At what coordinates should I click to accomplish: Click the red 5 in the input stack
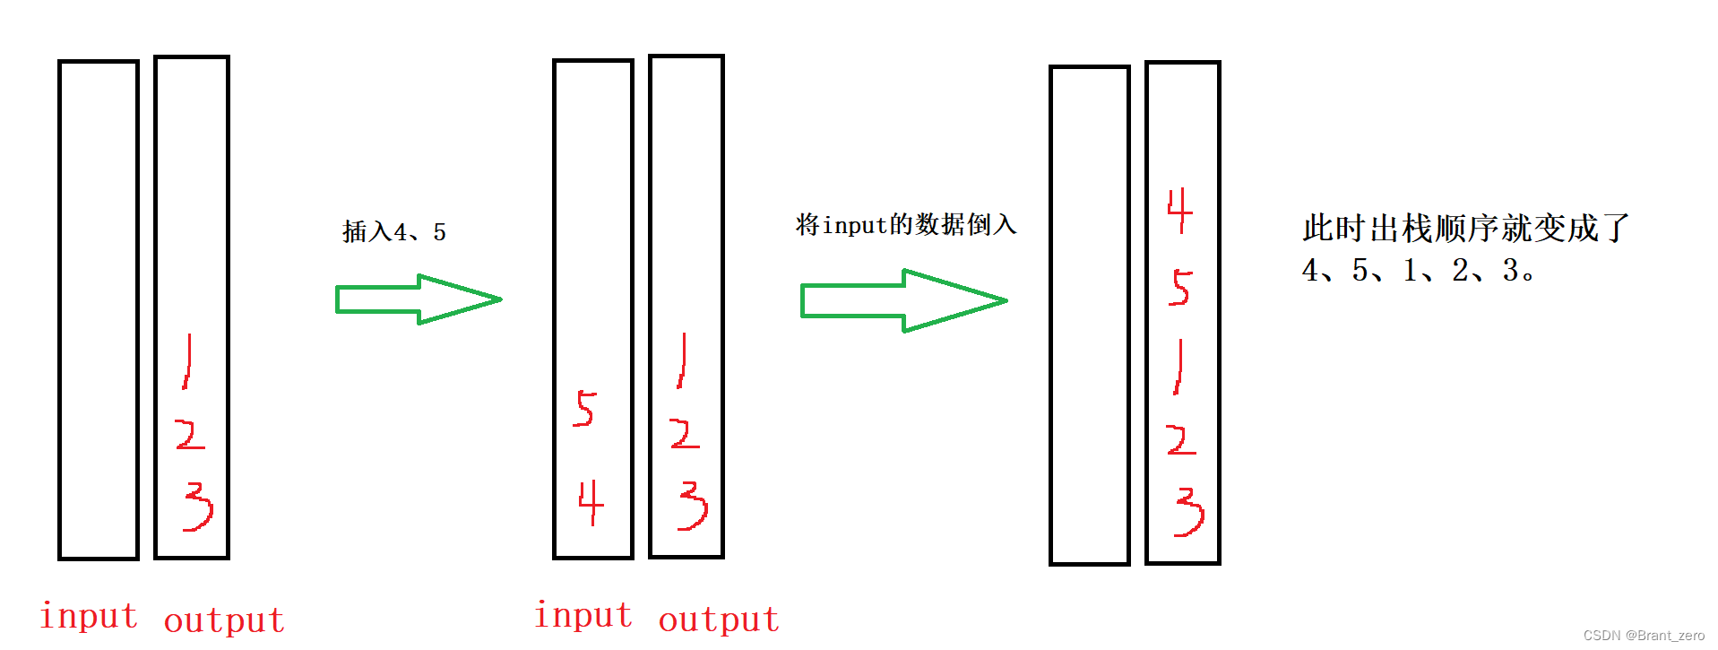tap(584, 409)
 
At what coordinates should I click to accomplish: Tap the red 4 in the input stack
tap(591, 502)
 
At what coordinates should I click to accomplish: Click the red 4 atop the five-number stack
tap(1179, 211)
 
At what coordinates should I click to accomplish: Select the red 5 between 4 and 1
tap(1180, 288)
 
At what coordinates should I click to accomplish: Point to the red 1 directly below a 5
tap(1179, 367)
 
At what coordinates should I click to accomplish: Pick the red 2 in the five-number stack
tap(1181, 439)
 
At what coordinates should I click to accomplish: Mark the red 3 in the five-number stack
tap(1188, 512)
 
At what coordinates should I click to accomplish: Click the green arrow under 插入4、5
tap(418, 299)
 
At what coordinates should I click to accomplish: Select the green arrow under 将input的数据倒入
tap(903, 300)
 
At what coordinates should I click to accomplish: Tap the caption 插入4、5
tap(393, 232)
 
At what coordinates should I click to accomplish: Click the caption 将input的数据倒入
tap(905, 224)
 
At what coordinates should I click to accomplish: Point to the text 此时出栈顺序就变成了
tap(1464, 229)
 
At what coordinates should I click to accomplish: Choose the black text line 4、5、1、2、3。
tap(1418, 270)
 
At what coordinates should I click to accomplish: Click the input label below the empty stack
tap(89, 616)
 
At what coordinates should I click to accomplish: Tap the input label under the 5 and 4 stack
tap(583, 615)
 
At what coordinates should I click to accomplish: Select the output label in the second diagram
tap(719, 620)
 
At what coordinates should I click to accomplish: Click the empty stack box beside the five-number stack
tap(1089, 315)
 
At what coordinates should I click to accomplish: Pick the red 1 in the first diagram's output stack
tap(187, 361)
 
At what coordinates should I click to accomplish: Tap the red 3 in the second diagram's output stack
tap(693, 506)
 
